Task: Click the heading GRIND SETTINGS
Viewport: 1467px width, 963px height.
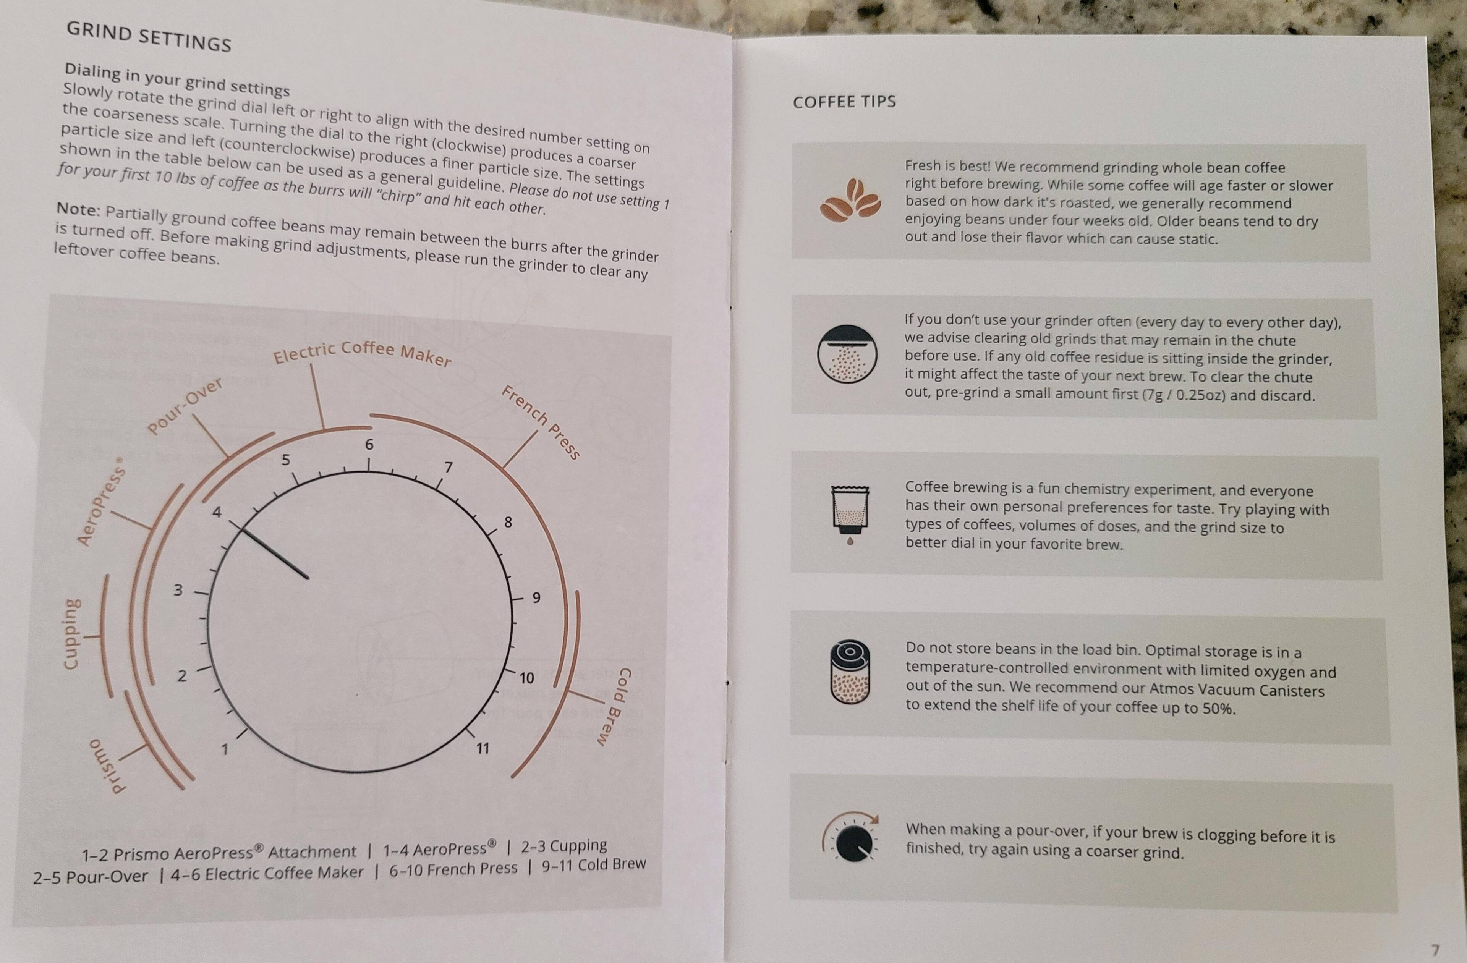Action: click(149, 36)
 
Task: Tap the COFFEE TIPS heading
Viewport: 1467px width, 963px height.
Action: click(844, 102)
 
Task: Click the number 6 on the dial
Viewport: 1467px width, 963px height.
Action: click(369, 444)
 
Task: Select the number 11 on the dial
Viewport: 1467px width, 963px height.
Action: click(483, 748)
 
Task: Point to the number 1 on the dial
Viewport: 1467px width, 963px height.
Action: click(225, 749)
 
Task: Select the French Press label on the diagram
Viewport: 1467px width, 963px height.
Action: click(541, 422)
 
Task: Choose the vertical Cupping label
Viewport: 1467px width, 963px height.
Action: click(72, 633)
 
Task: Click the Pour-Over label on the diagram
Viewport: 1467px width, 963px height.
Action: click(185, 406)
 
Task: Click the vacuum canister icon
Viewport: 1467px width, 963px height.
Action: click(850, 672)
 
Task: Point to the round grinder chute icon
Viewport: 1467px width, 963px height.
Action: click(847, 353)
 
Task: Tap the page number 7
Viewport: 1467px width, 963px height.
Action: click(1435, 949)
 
